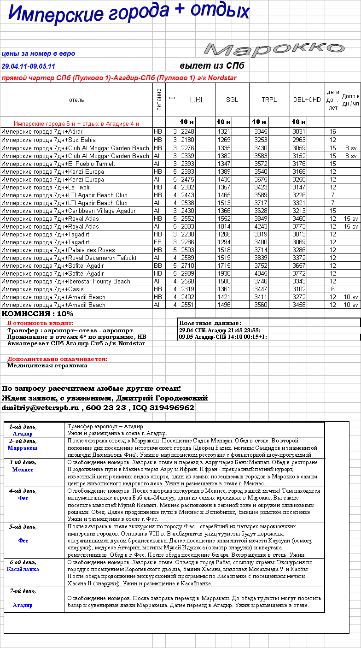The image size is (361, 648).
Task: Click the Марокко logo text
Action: pyautogui.click(x=274, y=49)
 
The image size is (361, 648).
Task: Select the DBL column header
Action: pyautogui.click(x=197, y=100)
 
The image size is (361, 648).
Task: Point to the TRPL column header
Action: pyautogui.click(x=269, y=100)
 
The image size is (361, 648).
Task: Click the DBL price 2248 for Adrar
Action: pyautogui.click(x=188, y=132)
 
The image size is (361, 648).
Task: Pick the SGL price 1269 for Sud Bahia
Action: pyautogui.click(x=224, y=140)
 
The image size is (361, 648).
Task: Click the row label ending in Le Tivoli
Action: pyautogui.click(x=45, y=187)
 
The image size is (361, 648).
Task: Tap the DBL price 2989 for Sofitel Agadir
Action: pyautogui.click(x=188, y=273)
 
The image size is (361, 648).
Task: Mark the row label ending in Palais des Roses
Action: pyautogui.click(x=58, y=250)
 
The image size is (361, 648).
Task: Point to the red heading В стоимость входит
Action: pyautogui.click(x=41, y=323)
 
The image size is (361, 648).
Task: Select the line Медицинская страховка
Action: pyautogui.click(x=47, y=365)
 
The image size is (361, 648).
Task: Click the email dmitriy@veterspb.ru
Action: pyautogui.click(x=41, y=408)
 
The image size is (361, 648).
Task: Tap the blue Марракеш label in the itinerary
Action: pyautogui.click(x=23, y=448)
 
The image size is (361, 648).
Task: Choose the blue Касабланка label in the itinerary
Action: pyautogui.click(x=23, y=569)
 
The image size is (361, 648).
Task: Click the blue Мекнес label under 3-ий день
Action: pyautogui.click(x=23, y=469)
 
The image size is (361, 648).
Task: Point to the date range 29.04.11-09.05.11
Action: pyautogui.click(x=29, y=66)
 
